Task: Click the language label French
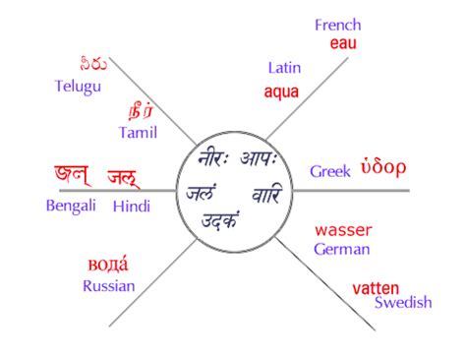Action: pyautogui.click(x=338, y=26)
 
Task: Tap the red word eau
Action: pyautogui.click(x=343, y=44)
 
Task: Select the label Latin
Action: pyautogui.click(x=284, y=68)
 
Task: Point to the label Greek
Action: pyautogui.click(x=330, y=171)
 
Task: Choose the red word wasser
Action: pyautogui.click(x=343, y=230)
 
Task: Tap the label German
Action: pyautogui.click(x=342, y=249)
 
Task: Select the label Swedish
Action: pyautogui.click(x=403, y=303)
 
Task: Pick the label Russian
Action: pyautogui.click(x=109, y=286)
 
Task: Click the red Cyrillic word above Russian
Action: pyautogui.click(x=108, y=264)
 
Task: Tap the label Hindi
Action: pyautogui.click(x=132, y=206)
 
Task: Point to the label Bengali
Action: pyautogui.click(x=71, y=206)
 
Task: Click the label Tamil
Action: pyautogui.click(x=138, y=131)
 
